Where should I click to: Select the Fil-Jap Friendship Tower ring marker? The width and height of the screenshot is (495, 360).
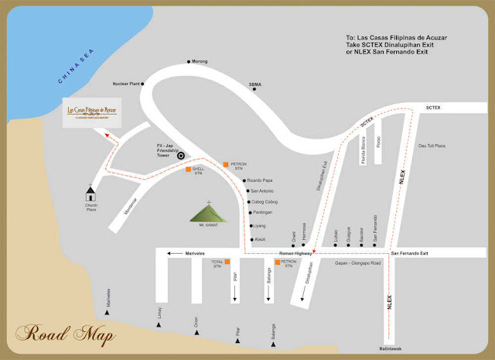click(181, 155)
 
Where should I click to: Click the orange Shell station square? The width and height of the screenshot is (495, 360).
click(189, 170)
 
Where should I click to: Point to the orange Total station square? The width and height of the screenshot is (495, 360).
click(228, 263)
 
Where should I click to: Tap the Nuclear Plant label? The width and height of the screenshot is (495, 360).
click(128, 82)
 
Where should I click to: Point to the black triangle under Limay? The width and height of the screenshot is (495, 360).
click(159, 325)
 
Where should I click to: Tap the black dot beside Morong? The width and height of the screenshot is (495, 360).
click(189, 61)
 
